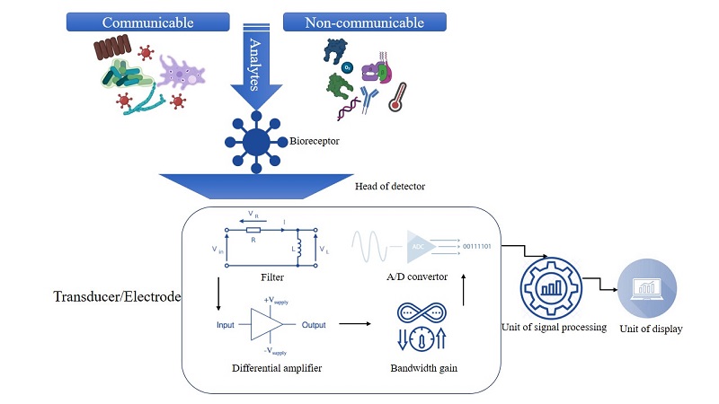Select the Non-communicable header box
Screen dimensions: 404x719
352,21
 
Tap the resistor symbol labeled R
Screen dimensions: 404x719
256,230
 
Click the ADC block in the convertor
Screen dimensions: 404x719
418,245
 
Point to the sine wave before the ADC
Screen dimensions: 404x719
371,245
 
